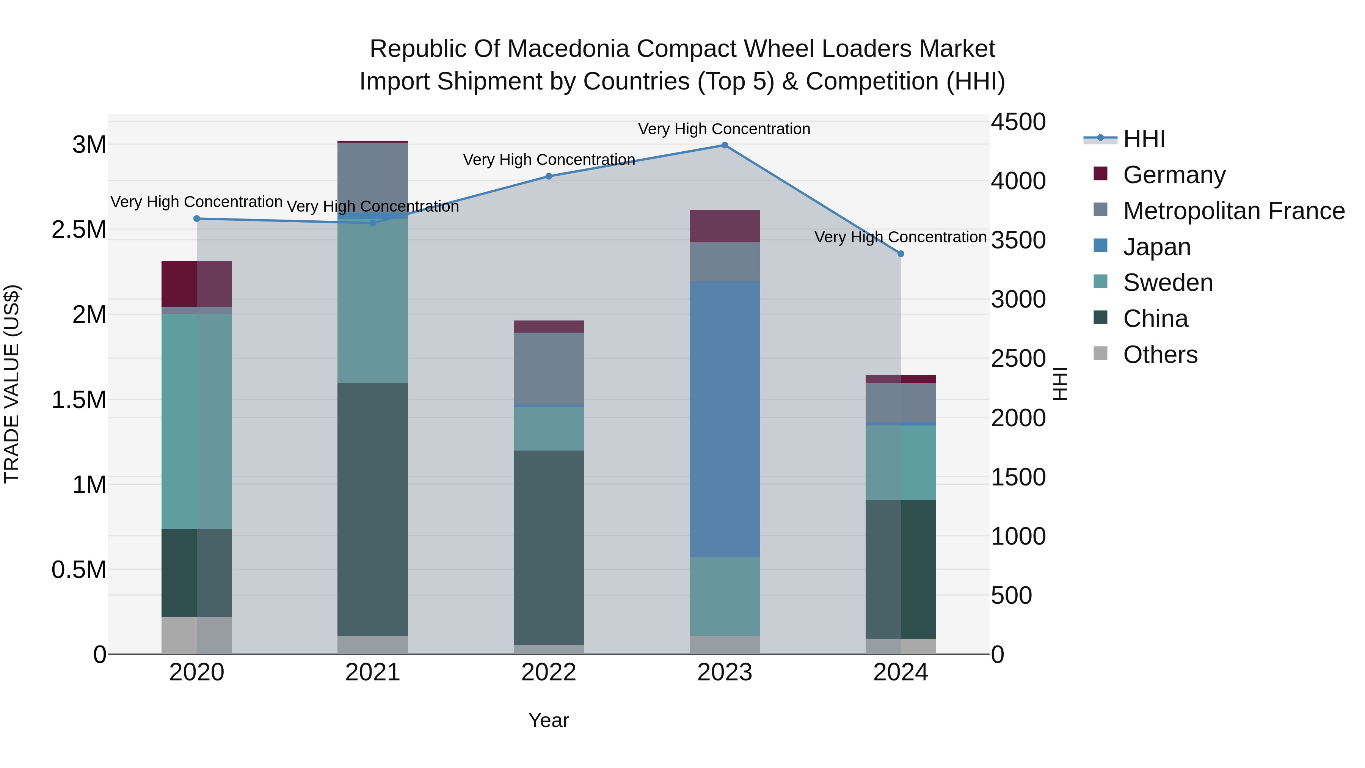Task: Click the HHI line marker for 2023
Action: tap(724, 145)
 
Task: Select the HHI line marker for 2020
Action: tap(196, 218)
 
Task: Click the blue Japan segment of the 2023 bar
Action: tap(724, 419)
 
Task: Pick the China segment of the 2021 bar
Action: tap(372, 509)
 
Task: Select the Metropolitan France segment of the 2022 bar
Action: tap(548, 368)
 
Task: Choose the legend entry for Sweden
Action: tap(1167, 283)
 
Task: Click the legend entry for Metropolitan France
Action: tap(1233, 211)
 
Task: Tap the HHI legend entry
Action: tap(1144, 139)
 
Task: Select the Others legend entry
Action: tap(1160, 355)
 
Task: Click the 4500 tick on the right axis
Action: tap(1018, 122)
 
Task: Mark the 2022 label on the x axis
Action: tap(548, 672)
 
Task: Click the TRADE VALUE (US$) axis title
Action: tap(12, 384)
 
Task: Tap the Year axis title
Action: tap(548, 720)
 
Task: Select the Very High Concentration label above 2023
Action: tap(724, 129)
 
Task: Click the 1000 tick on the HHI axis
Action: tap(1018, 536)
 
